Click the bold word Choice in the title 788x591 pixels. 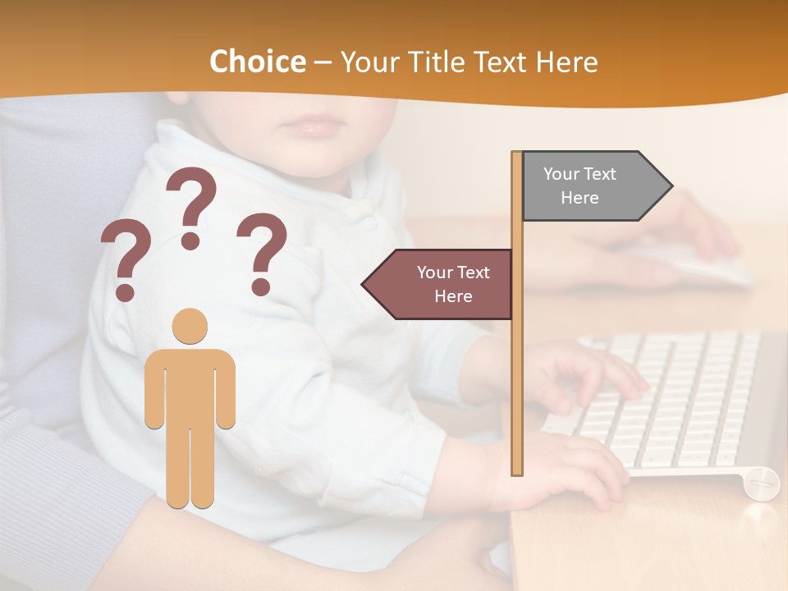257,62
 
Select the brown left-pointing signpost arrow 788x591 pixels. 438,284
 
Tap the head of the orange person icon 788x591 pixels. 190,326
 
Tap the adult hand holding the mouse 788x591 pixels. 698,222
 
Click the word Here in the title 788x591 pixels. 566,62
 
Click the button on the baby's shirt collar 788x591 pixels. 370,222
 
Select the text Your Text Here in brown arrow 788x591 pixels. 452,284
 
